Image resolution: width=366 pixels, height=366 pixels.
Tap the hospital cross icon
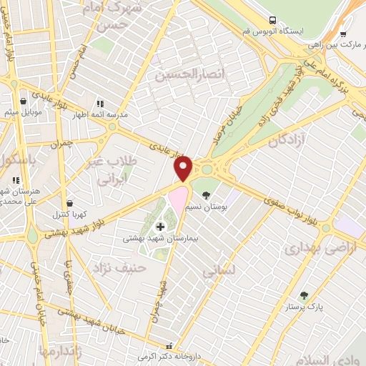159,227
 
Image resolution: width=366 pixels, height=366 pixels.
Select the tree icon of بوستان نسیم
207,195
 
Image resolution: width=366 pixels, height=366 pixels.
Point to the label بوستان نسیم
210,206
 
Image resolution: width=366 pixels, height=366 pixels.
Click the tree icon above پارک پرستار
304,295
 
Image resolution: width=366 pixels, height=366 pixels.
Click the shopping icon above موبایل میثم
25,102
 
